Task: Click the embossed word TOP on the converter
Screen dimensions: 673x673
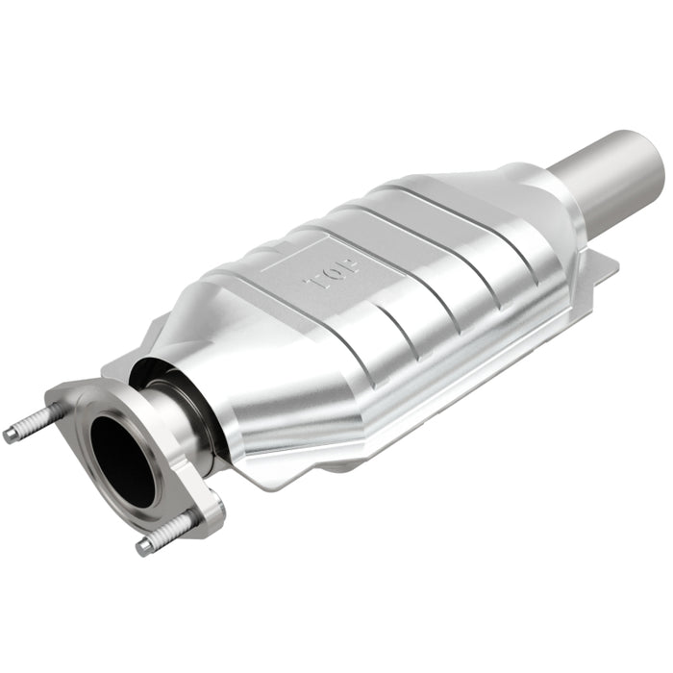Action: point(321,278)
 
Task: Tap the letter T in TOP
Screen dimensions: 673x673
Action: point(311,286)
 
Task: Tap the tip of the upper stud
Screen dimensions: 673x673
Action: point(10,435)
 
